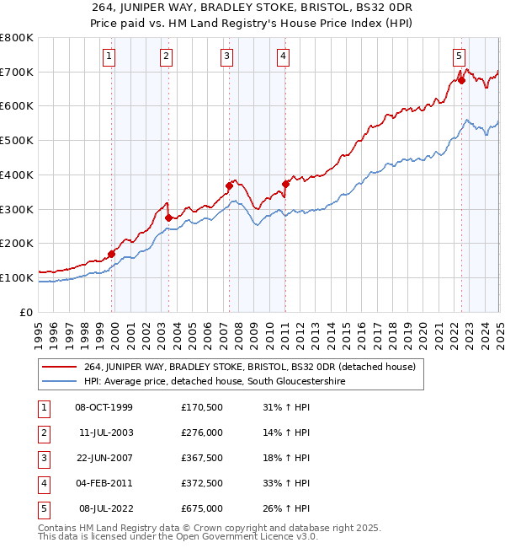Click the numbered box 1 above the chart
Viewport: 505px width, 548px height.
tap(110, 56)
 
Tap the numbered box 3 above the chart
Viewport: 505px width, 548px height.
tap(227, 56)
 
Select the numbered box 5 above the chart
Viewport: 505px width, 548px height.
tap(459, 56)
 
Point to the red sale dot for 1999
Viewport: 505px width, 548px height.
tap(112, 253)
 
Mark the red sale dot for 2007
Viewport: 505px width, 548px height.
tap(229, 185)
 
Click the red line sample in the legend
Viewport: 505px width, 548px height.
tap(60, 367)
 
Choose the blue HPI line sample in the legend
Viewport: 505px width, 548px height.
tap(60, 382)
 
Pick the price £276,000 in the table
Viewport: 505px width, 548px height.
tap(202, 432)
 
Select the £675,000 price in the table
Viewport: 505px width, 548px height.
tap(202, 508)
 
